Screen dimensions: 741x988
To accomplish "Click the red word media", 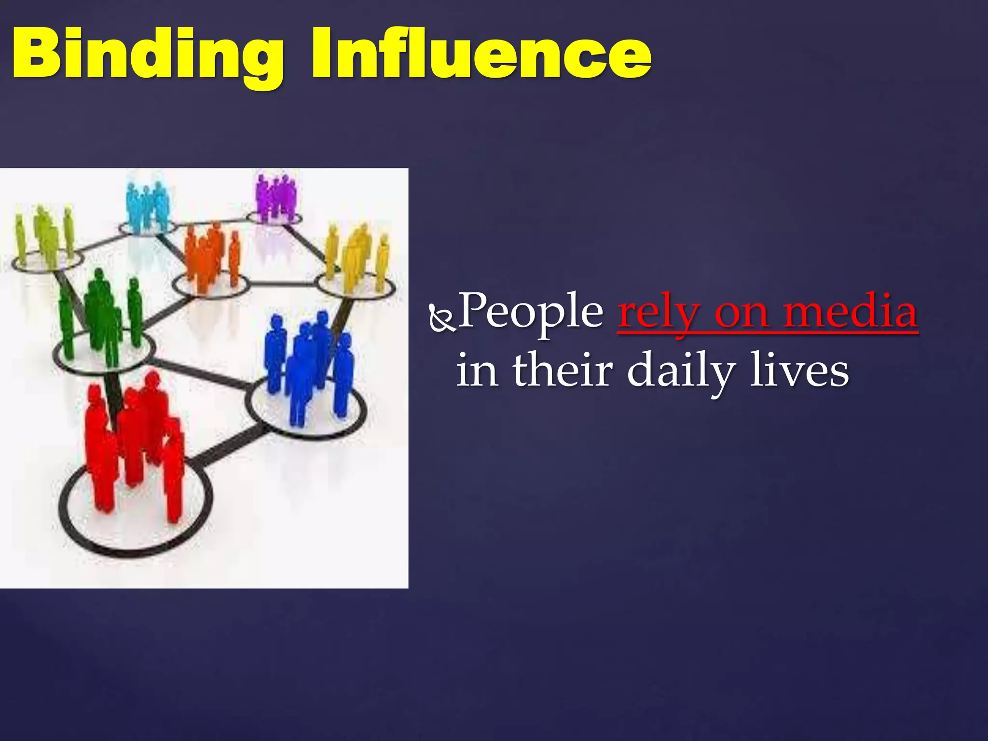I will tap(850, 312).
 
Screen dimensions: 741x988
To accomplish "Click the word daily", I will tap(681, 371).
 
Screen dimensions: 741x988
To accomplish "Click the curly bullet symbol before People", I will tap(441, 318).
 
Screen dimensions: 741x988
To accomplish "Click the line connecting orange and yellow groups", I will tap(282, 284).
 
